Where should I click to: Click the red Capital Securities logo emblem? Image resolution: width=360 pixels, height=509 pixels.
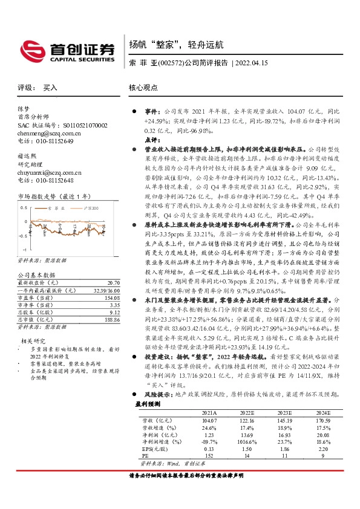click(31, 48)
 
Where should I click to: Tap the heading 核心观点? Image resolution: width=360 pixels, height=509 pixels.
click(143, 87)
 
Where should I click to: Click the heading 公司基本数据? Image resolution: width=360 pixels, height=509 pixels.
click(35, 275)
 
